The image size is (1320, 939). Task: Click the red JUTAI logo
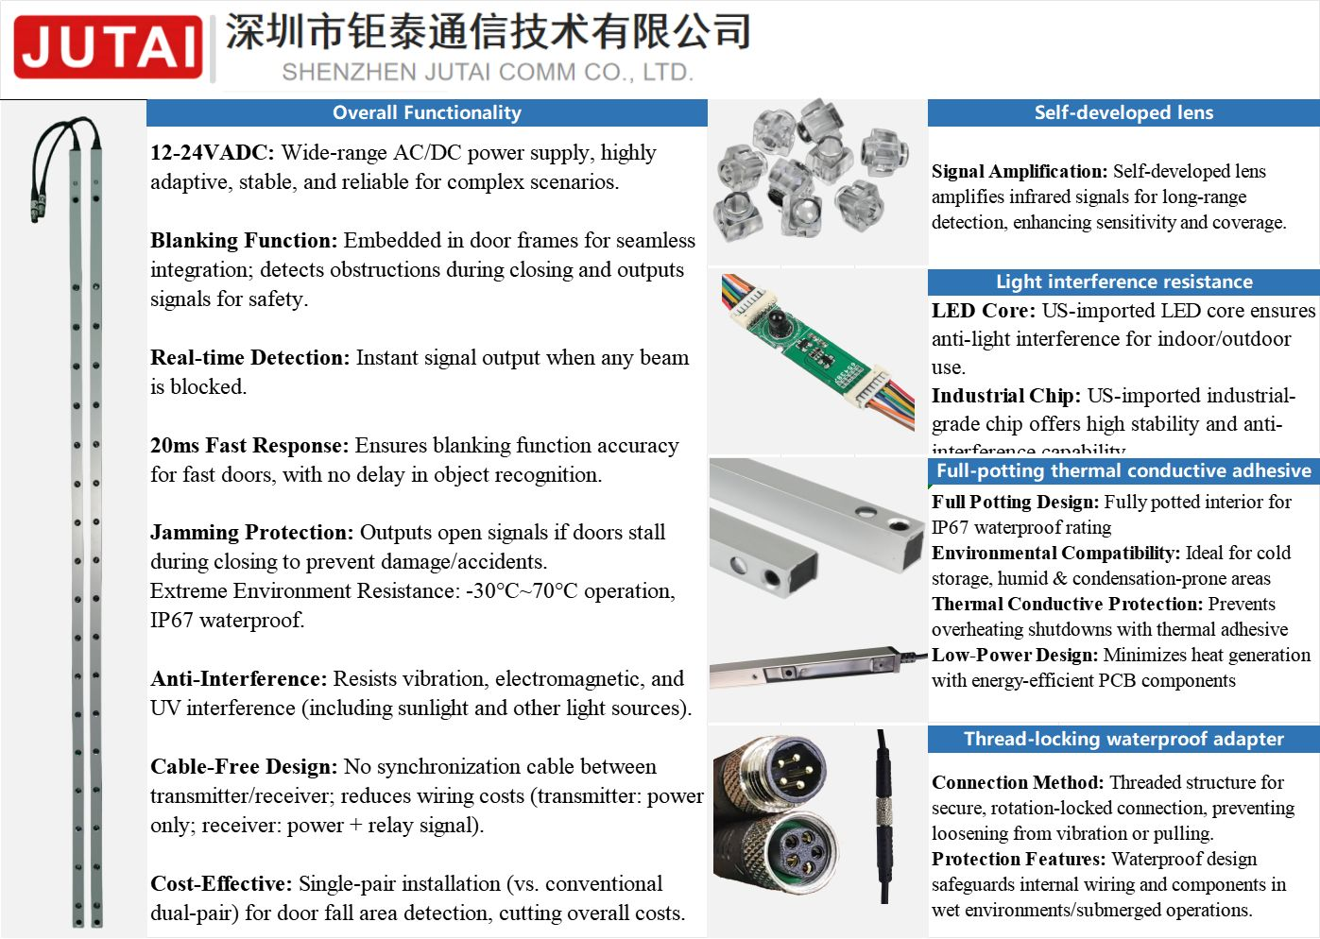click(108, 47)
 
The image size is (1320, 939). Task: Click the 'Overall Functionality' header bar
click(426, 112)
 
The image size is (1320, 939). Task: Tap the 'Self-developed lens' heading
click(1123, 112)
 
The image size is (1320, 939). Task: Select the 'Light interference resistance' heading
click(1123, 282)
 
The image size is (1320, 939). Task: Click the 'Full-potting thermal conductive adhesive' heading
click(1123, 470)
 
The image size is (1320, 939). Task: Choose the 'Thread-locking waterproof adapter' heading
click(1123, 739)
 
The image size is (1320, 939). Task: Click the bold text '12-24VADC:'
click(212, 153)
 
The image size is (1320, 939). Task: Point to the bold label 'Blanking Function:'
click(243, 241)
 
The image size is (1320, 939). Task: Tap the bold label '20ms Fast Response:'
click(249, 446)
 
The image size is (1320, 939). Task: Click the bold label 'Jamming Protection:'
click(251, 533)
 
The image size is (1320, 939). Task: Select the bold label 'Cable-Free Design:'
click(243, 767)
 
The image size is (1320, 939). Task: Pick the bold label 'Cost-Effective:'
click(221, 884)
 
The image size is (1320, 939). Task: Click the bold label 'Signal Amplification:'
click(1019, 172)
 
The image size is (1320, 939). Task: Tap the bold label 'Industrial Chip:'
click(1005, 396)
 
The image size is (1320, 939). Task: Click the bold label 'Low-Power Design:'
click(1014, 656)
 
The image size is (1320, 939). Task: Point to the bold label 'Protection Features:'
click(1018, 860)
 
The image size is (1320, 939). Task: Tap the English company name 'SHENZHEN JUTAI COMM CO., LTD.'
click(488, 73)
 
